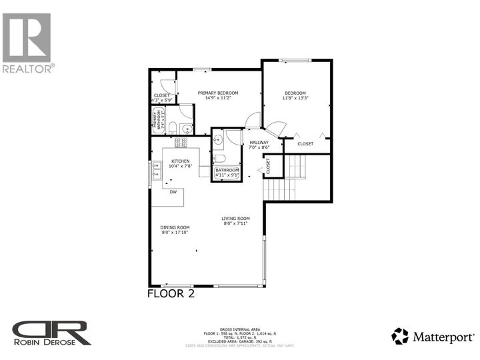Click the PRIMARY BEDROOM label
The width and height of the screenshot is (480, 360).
[218, 93]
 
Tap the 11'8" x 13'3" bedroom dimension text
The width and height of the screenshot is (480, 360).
[295, 99]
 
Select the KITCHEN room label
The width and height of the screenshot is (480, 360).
[181, 161]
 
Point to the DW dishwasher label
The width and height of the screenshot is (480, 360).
[173, 192]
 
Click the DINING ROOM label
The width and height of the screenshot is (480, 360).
[175, 227]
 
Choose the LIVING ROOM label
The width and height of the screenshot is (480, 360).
[235, 218]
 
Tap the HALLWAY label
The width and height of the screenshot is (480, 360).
[259, 142]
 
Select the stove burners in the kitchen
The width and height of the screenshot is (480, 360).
[181, 143]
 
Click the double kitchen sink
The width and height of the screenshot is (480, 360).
[157, 175]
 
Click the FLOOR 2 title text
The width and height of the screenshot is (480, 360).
[170, 293]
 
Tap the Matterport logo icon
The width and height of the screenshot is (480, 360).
[400, 336]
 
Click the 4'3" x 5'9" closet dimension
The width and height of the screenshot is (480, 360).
[162, 101]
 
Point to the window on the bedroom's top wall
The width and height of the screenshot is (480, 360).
[295, 61]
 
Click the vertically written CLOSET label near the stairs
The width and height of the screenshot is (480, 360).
[267, 165]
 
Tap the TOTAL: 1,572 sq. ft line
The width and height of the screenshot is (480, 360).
[239, 339]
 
